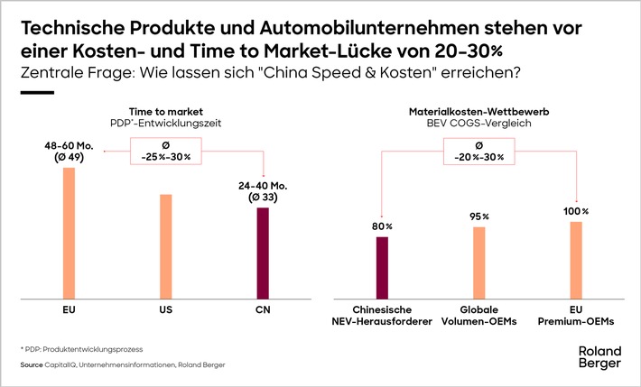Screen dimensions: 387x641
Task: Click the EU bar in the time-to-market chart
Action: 69,233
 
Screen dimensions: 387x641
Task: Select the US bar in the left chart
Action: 166,246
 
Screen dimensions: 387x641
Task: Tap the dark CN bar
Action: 263,253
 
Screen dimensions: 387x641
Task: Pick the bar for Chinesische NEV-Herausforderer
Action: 382,267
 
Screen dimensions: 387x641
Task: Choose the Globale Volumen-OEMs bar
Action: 479,263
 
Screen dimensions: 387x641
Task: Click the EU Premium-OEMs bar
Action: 576,260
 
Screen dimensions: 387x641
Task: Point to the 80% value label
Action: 382,226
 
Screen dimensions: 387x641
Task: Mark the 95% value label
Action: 479,217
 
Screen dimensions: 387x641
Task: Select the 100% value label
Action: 576,211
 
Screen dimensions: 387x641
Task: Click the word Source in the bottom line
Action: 32,365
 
